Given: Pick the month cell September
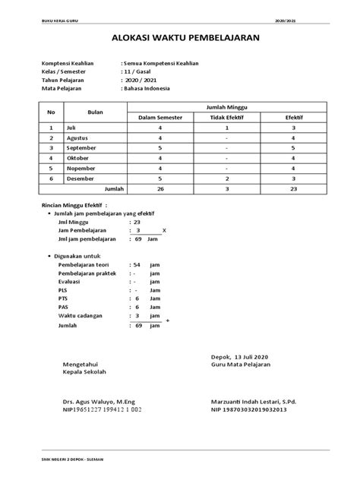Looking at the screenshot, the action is click(84, 148).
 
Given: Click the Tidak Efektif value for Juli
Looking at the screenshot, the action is click(228, 128).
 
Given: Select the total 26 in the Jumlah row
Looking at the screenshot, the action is click(160, 187).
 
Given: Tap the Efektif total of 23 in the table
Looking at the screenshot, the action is click(292, 187).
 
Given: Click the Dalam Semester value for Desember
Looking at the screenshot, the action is click(160, 177).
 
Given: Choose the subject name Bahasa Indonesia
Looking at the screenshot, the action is click(147, 89).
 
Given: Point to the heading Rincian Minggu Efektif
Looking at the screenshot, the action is click(74, 205).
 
